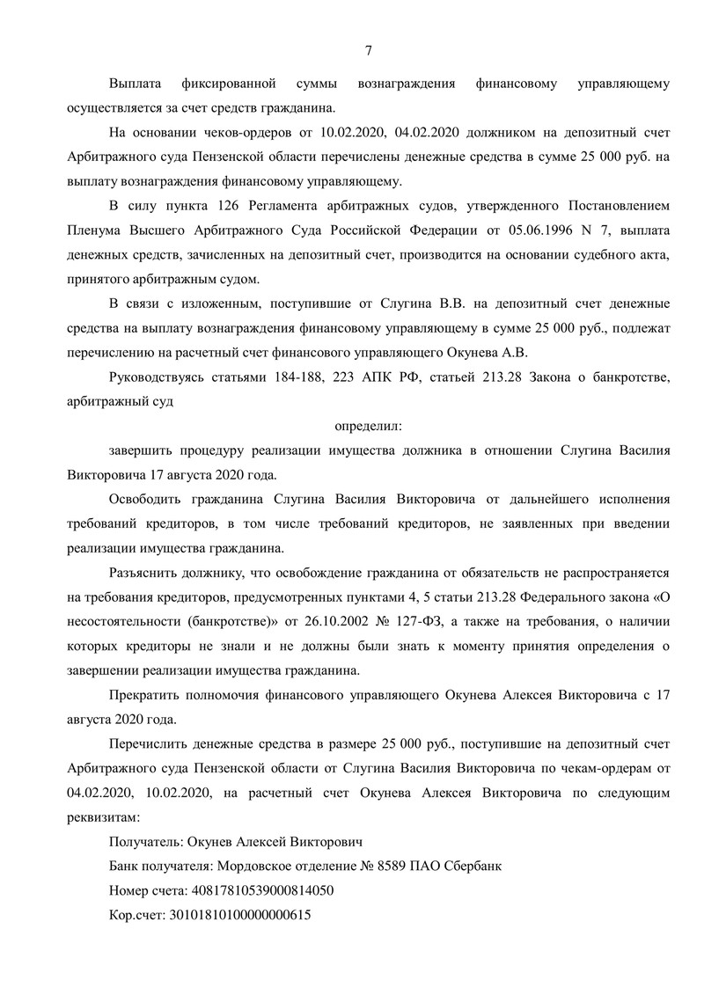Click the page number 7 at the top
tap(368, 50)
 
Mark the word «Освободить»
tap(146, 498)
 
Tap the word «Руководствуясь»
tap(159, 378)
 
